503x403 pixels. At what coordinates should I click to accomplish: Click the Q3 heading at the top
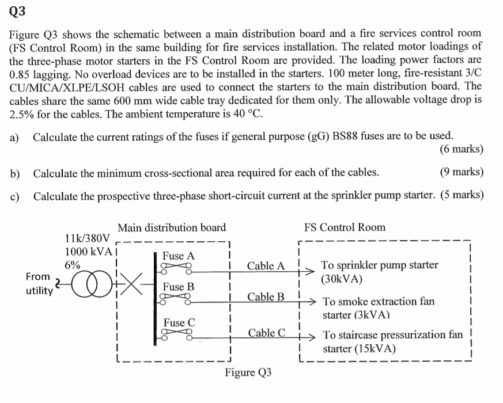pyautogui.click(x=17, y=10)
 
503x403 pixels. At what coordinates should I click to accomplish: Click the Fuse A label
pyautogui.click(x=179, y=256)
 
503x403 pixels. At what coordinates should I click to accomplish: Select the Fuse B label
pyautogui.click(x=179, y=287)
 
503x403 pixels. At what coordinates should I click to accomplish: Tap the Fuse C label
pyautogui.click(x=179, y=322)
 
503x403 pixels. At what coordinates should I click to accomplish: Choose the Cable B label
pyautogui.click(x=266, y=297)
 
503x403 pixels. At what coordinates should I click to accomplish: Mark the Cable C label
pyautogui.click(x=266, y=333)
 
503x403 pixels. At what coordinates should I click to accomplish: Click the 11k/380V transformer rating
pyautogui.click(x=86, y=238)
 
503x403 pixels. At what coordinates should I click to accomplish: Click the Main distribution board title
pyautogui.click(x=172, y=227)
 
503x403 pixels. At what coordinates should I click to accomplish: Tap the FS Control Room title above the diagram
pyautogui.click(x=345, y=227)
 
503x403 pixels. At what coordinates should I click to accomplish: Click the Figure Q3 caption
pyautogui.click(x=248, y=372)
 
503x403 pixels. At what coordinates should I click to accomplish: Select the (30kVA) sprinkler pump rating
pyautogui.click(x=342, y=279)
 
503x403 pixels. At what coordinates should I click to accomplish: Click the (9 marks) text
pyautogui.click(x=461, y=173)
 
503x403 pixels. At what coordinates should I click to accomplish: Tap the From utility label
pyautogui.click(x=38, y=284)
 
